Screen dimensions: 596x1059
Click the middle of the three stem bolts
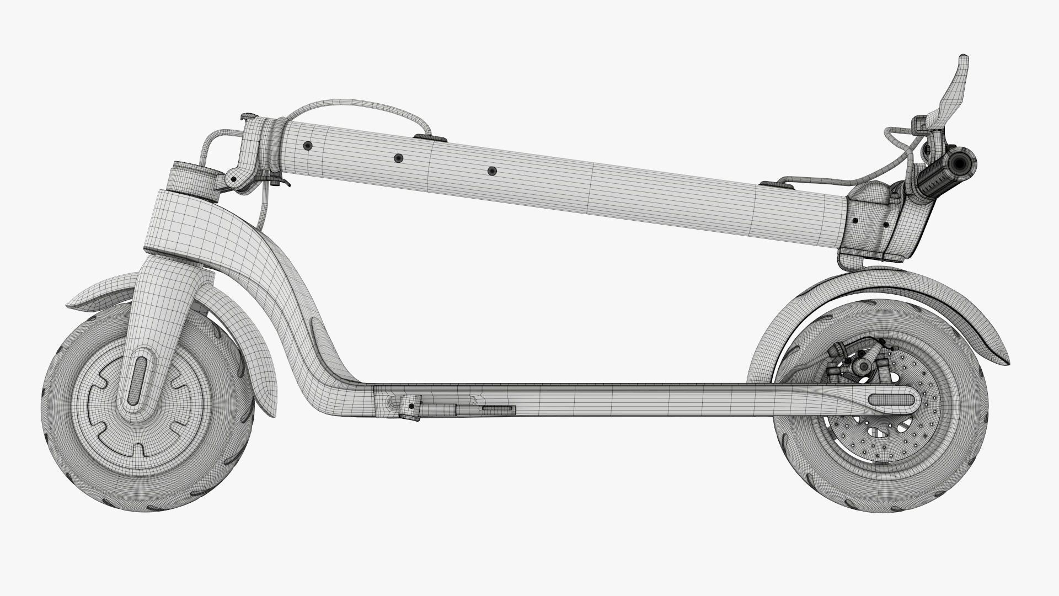398,158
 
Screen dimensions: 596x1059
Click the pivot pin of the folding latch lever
234,179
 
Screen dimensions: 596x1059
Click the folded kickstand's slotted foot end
498,409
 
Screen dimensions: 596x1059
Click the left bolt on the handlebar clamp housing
855,220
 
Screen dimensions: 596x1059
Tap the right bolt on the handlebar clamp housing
886,225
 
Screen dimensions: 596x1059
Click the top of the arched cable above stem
353,103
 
